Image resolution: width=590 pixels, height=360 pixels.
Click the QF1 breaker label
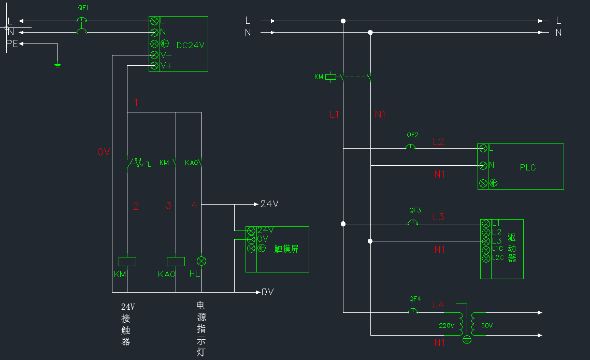83,8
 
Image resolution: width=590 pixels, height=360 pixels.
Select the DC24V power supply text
191,45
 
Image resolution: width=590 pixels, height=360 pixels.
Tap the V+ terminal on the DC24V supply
154,66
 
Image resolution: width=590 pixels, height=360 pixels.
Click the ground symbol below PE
57,65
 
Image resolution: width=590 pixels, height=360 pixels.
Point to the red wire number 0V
104,152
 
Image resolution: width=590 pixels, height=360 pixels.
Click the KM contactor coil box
127,262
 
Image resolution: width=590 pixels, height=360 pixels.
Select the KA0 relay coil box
176,262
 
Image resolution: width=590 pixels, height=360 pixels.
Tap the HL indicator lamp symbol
202,261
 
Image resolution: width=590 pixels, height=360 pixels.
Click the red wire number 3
168,206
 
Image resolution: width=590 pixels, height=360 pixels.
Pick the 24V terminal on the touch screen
251,231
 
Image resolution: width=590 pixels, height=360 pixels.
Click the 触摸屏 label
286,249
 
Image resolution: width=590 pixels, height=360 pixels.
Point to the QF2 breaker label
412,135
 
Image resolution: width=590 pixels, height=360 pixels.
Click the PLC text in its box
528,167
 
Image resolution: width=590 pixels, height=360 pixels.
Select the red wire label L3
438,217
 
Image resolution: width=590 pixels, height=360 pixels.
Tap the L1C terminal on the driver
486,249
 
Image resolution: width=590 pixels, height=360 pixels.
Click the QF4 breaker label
415,299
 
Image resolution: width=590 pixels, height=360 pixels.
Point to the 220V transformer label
447,326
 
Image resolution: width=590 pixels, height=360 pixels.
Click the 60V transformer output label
487,326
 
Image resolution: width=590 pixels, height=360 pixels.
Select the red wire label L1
334,114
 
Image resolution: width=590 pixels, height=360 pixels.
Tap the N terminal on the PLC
483,165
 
